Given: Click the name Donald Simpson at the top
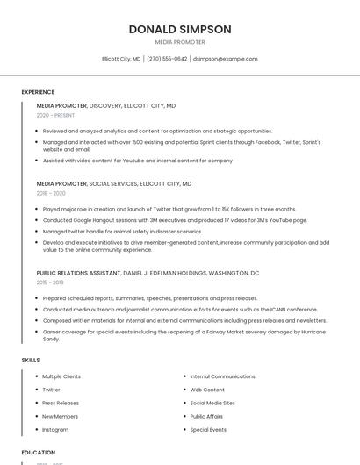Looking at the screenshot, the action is click(180, 29).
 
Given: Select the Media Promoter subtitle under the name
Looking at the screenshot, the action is click(180, 42).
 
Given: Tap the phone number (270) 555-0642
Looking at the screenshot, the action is click(167, 59).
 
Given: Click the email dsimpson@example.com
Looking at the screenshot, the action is click(226, 59).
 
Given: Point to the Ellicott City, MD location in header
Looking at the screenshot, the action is click(121, 59).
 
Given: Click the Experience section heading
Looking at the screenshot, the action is click(38, 92).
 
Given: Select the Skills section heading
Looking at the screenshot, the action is click(31, 360).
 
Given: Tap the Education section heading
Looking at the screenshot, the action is click(39, 453).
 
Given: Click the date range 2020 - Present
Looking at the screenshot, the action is click(55, 115).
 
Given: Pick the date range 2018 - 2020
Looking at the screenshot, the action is click(51, 193).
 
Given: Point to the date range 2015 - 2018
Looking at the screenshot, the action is click(50, 283).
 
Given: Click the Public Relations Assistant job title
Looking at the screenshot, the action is click(78, 273).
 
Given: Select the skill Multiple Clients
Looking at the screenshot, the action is click(61, 376).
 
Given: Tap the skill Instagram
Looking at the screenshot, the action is click(55, 430).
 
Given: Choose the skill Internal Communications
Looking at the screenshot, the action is click(222, 376).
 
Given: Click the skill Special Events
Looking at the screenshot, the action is click(208, 430).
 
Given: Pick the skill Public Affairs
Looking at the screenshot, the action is click(207, 416).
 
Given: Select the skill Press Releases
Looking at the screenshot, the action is click(61, 403).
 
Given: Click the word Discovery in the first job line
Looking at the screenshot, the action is click(105, 105).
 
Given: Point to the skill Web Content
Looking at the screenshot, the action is click(207, 390).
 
